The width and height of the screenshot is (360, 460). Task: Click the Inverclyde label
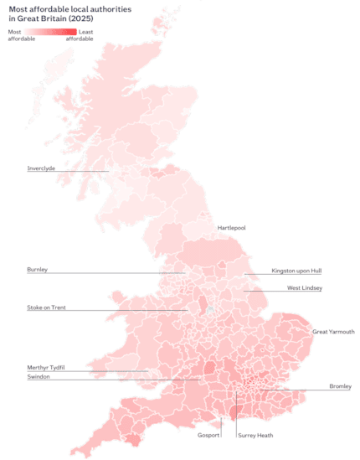pos(42,168)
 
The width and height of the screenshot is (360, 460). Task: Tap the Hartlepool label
pos(234,228)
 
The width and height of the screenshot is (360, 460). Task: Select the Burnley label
pos(38,270)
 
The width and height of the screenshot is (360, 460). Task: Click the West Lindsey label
pos(305,288)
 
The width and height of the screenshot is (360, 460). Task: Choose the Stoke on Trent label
pos(47,308)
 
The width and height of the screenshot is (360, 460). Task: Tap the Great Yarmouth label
pos(333,332)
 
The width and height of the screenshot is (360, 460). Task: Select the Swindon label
pos(39,378)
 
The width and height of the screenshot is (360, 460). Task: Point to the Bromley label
pos(340,387)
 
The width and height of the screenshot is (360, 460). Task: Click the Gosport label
pos(209,436)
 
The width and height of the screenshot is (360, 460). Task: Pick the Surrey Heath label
pos(255,436)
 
